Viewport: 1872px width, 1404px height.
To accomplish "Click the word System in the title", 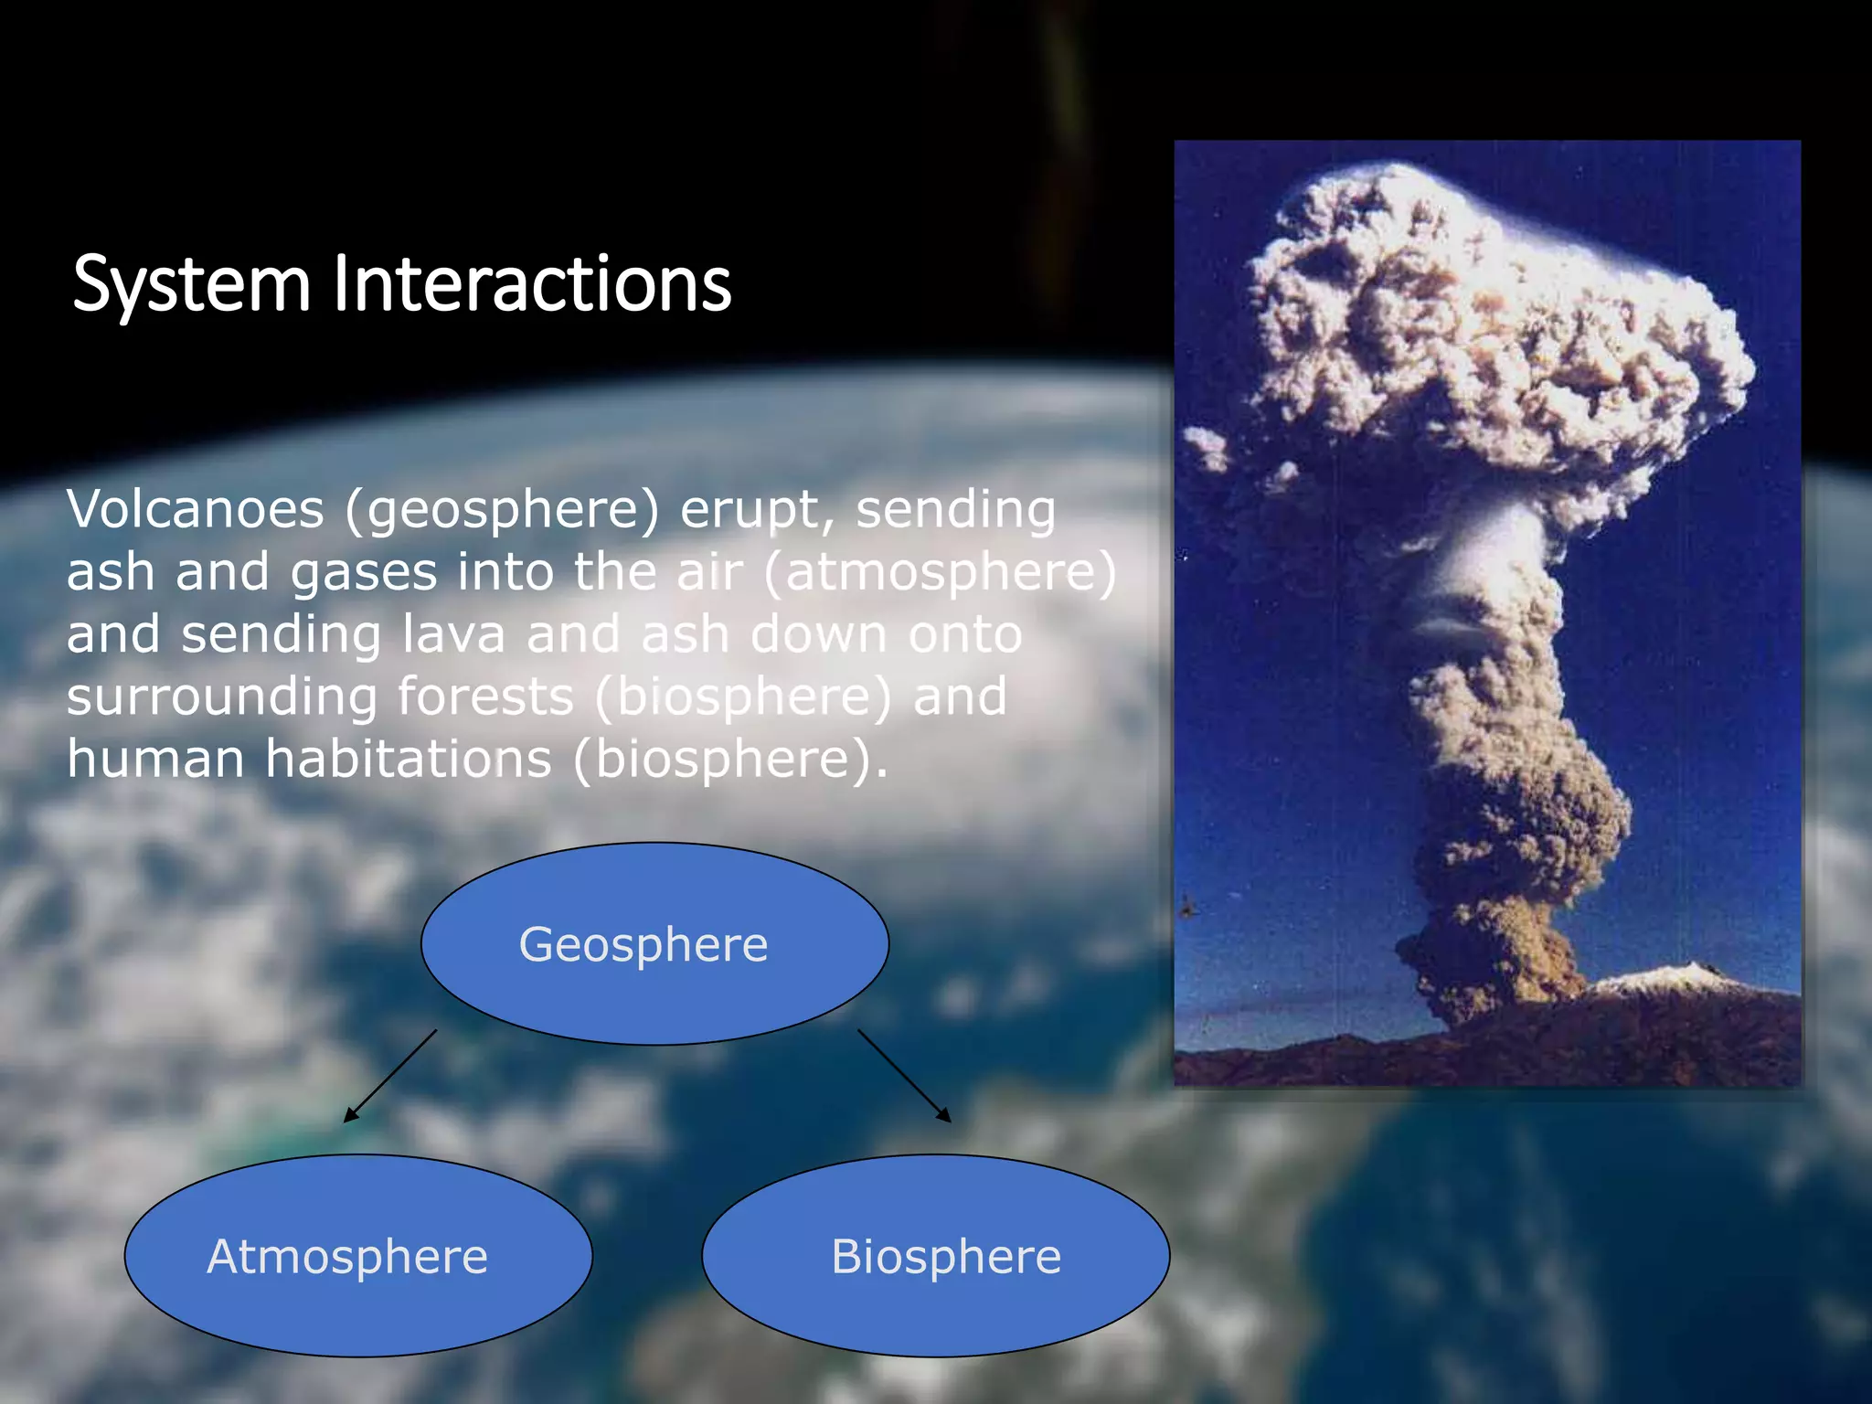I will click(191, 285).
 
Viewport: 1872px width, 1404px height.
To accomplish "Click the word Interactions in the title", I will click(532, 283).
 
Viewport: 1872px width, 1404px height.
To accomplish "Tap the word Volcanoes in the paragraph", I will click(195, 509).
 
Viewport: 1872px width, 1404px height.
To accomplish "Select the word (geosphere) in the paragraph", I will click(502, 511).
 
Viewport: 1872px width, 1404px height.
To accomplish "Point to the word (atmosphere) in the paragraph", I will click(940, 573).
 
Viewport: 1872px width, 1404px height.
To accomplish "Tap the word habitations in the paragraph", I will click(409, 759).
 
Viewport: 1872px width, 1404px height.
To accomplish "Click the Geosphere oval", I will click(654, 943).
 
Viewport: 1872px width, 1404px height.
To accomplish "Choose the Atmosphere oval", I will click(358, 1256).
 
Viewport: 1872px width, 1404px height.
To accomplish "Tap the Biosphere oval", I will click(935, 1256).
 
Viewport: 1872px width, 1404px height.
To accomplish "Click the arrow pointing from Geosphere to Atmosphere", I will click(390, 1076).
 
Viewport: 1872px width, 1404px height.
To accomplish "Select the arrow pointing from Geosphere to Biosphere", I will click(904, 1076).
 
